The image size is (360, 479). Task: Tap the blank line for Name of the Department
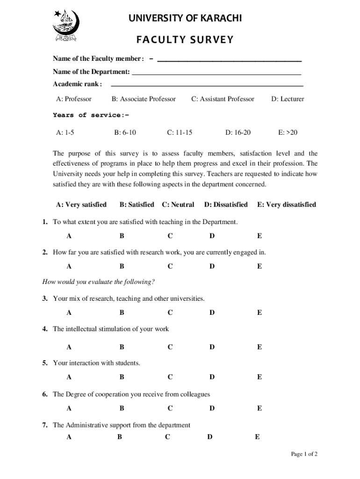216,73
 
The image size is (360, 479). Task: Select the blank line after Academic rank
206,85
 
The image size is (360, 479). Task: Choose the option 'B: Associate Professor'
144,99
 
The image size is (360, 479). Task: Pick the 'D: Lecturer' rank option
288,99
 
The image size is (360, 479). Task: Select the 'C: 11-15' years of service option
180,132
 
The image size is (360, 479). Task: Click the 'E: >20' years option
288,132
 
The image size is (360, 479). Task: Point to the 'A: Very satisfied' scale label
81,205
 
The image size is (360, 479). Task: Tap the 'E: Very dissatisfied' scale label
286,205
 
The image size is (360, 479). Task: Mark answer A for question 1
69,236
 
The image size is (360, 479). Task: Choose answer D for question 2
212,267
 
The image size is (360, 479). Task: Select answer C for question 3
170,312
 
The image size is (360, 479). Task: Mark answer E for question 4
259,347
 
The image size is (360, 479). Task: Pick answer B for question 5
122,377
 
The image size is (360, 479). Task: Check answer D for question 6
212,408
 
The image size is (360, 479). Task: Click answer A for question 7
69,437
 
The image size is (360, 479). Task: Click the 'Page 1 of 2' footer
304,454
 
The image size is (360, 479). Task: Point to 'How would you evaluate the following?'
99,282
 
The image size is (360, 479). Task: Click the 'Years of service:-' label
90,115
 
